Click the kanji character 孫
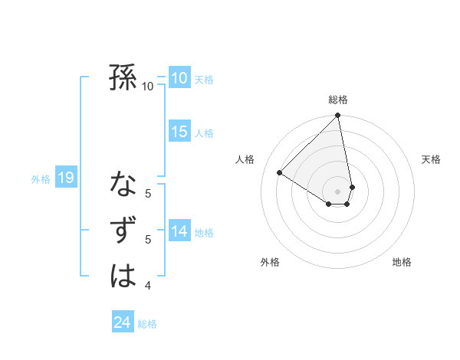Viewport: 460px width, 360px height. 123,77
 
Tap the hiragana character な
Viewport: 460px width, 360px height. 123,184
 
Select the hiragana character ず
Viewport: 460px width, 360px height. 123,231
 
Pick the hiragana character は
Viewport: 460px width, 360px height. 123,276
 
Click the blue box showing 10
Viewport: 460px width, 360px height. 179,78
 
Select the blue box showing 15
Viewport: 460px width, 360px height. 179,132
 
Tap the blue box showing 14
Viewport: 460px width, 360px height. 179,231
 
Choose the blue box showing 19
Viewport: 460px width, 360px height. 65,178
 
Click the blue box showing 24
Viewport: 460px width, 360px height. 122,322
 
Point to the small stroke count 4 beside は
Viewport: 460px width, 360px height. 148,286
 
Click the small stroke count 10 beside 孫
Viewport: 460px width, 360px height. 148,87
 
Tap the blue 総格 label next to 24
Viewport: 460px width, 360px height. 147,324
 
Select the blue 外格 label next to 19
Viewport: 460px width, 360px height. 41,179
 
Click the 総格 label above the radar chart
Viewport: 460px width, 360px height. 338,100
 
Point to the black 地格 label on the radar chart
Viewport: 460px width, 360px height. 402,262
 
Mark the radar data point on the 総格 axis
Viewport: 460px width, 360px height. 338,116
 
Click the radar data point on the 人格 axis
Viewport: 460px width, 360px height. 280,173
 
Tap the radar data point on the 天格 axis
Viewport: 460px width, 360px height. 352,187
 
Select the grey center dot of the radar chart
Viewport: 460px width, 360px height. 338,191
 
